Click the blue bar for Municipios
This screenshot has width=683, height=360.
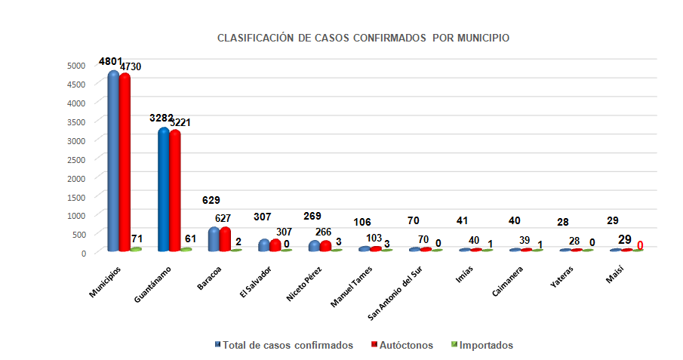point(113,162)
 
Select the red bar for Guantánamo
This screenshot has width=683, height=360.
point(175,192)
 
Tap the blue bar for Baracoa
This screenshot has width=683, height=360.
point(214,239)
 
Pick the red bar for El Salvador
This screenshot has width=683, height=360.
point(275,245)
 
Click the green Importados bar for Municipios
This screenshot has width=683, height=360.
point(136,249)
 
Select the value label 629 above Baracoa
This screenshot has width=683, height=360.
point(212,200)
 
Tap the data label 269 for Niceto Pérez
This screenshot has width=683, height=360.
point(312,216)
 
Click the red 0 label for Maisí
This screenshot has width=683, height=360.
point(640,245)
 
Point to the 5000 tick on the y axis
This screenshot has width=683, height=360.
point(75,65)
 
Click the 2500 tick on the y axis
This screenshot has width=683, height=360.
point(75,158)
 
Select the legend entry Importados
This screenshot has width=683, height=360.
point(487,346)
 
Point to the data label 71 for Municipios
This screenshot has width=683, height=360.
point(137,238)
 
